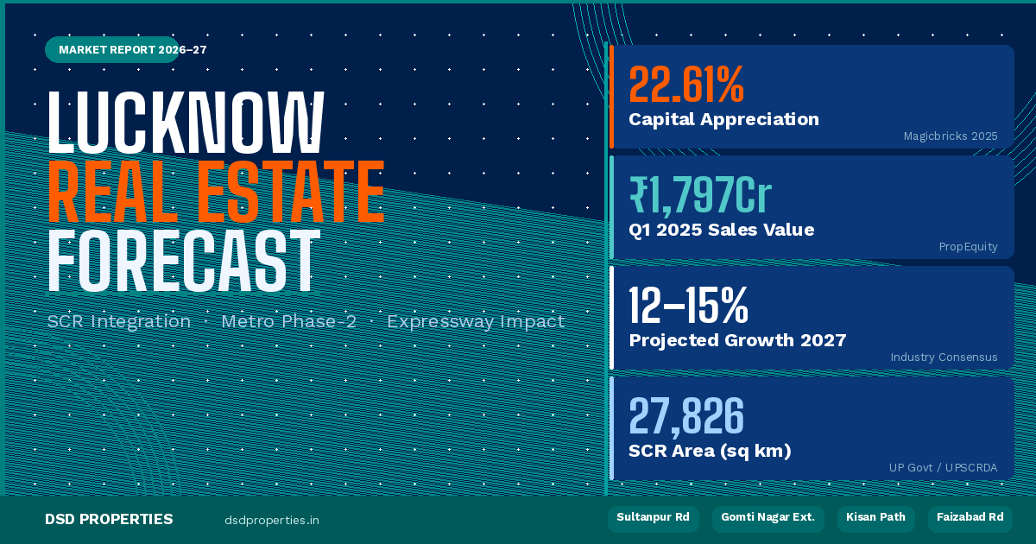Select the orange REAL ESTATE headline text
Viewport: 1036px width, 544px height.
[x=216, y=192]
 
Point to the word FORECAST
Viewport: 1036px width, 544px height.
[x=183, y=261]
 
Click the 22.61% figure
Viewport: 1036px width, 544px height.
[x=686, y=85]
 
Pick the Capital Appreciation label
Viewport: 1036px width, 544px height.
[x=723, y=119]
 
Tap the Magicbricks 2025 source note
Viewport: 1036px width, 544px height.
[x=950, y=136]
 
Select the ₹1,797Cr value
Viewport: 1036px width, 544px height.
[x=700, y=196]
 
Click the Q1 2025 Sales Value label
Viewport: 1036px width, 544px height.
[x=721, y=230]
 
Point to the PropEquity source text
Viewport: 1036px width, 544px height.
[x=968, y=247]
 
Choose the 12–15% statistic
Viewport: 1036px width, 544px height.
[x=688, y=306]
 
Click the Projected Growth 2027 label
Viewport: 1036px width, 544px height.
[x=736, y=340]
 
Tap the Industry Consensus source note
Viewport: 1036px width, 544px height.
[x=944, y=357]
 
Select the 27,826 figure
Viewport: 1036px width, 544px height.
[x=686, y=416]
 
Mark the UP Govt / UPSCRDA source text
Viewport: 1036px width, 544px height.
[x=943, y=468]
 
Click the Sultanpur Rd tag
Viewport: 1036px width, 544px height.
[x=653, y=518]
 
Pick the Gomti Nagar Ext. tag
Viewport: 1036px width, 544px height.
[x=768, y=518]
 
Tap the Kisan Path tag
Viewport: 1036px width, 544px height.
[x=875, y=518]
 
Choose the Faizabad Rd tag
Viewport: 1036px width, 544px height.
[x=970, y=518]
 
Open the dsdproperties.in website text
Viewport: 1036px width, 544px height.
[x=271, y=520]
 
